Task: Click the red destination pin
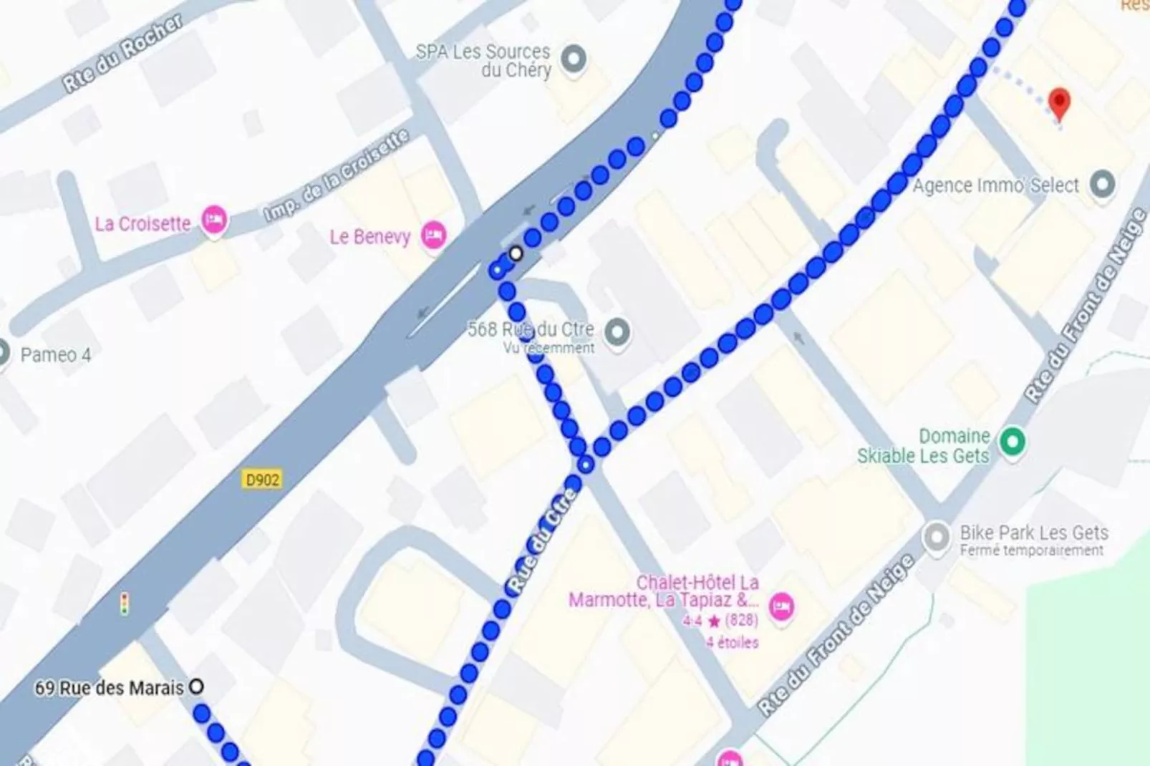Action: pyautogui.click(x=1059, y=102)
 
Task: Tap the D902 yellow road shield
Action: pyautogui.click(x=262, y=479)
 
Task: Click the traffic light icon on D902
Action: pyautogui.click(x=125, y=604)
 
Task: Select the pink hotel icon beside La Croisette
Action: pyautogui.click(x=213, y=219)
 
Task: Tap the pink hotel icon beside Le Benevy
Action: pyautogui.click(x=433, y=235)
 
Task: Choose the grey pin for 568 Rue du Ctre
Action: pyautogui.click(x=617, y=331)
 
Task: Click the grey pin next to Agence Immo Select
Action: pyautogui.click(x=1102, y=185)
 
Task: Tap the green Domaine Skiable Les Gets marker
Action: pyautogui.click(x=1012, y=441)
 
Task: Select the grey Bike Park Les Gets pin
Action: pyautogui.click(x=937, y=537)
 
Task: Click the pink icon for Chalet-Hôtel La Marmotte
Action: pyautogui.click(x=781, y=607)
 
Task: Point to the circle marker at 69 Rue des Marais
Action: pyautogui.click(x=195, y=687)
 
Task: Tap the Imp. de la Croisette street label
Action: pyautogui.click(x=337, y=175)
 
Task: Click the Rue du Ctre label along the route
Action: pyautogui.click(x=542, y=540)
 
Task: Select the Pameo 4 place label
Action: pyautogui.click(x=55, y=354)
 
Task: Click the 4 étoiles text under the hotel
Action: pyautogui.click(x=732, y=642)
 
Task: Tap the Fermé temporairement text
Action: pyautogui.click(x=1031, y=551)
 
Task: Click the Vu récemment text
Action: pyautogui.click(x=549, y=348)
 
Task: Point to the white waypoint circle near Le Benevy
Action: pyautogui.click(x=516, y=253)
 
